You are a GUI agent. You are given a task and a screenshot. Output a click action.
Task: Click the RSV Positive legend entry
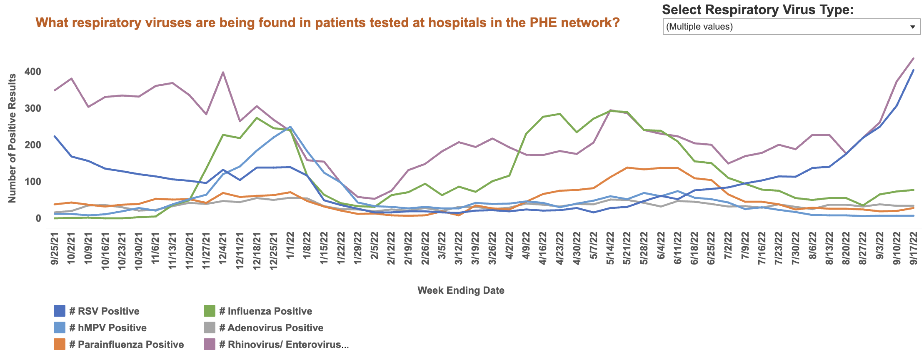(x=104, y=311)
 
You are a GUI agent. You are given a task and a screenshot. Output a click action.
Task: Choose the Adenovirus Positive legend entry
(x=275, y=328)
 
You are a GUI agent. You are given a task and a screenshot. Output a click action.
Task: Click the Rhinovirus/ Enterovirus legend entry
(x=284, y=345)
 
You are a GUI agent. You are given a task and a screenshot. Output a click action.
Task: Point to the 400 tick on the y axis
(x=33, y=72)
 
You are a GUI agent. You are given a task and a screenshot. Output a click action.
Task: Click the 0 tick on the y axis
(x=38, y=218)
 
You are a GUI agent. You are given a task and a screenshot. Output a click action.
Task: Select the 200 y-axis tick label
(x=33, y=145)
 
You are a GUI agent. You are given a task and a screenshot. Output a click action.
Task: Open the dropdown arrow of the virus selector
(x=912, y=27)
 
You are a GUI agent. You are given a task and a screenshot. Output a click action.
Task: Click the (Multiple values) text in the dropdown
(x=699, y=27)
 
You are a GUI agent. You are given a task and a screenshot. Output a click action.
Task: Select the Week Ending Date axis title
(x=461, y=290)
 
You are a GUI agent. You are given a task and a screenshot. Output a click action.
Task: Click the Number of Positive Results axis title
(x=12, y=138)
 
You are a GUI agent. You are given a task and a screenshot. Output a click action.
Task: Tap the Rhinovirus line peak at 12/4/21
(x=223, y=72)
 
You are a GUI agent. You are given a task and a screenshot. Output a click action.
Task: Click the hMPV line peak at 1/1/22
(x=290, y=127)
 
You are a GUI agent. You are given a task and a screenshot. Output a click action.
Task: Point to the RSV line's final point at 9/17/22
(x=914, y=70)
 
